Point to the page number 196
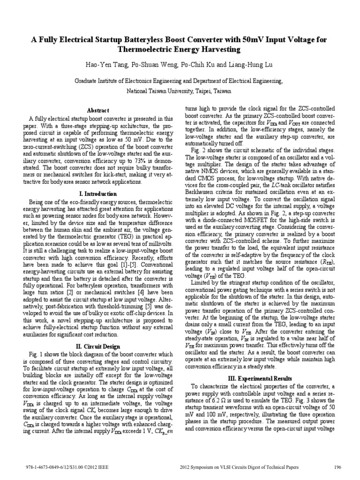click(337, 468)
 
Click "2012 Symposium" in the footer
click(196, 468)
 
